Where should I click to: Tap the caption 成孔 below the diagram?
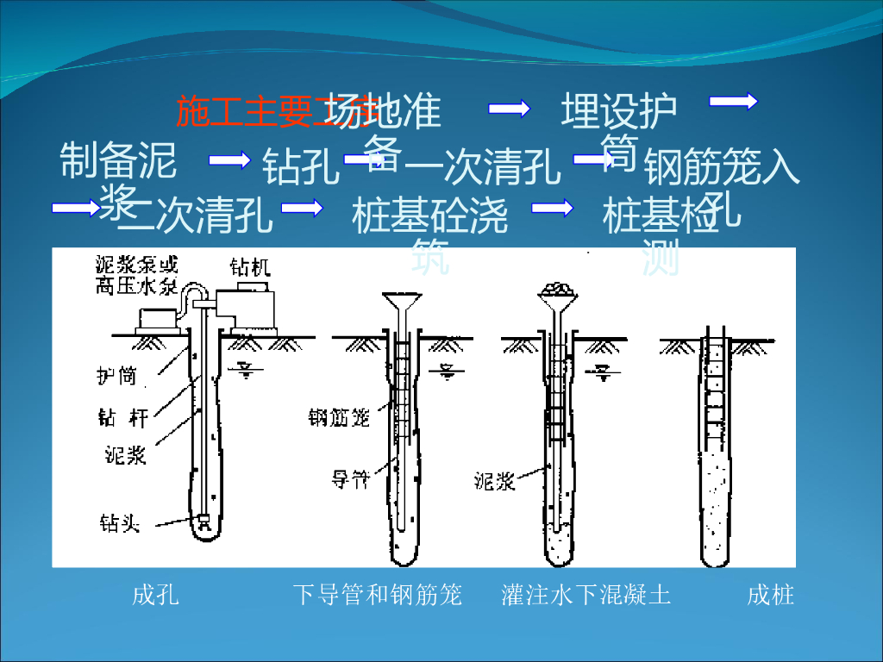click(x=156, y=595)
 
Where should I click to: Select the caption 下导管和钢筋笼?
click(x=378, y=595)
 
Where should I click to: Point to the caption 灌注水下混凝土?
click(x=586, y=595)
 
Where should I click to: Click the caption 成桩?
click(x=770, y=595)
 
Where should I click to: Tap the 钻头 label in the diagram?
click(x=119, y=522)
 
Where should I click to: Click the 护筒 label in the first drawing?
click(x=116, y=376)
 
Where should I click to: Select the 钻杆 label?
click(x=122, y=418)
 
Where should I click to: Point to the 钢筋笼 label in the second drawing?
click(x=339, y=418)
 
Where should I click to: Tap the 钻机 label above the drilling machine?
click(x=250, y=268)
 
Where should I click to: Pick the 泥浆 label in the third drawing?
click(x=495, y=480)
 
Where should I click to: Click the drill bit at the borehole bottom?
click(x=204, y=521)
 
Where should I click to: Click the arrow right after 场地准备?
click(x=509, y=108)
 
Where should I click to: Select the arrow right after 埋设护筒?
click(x=733, y=102)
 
